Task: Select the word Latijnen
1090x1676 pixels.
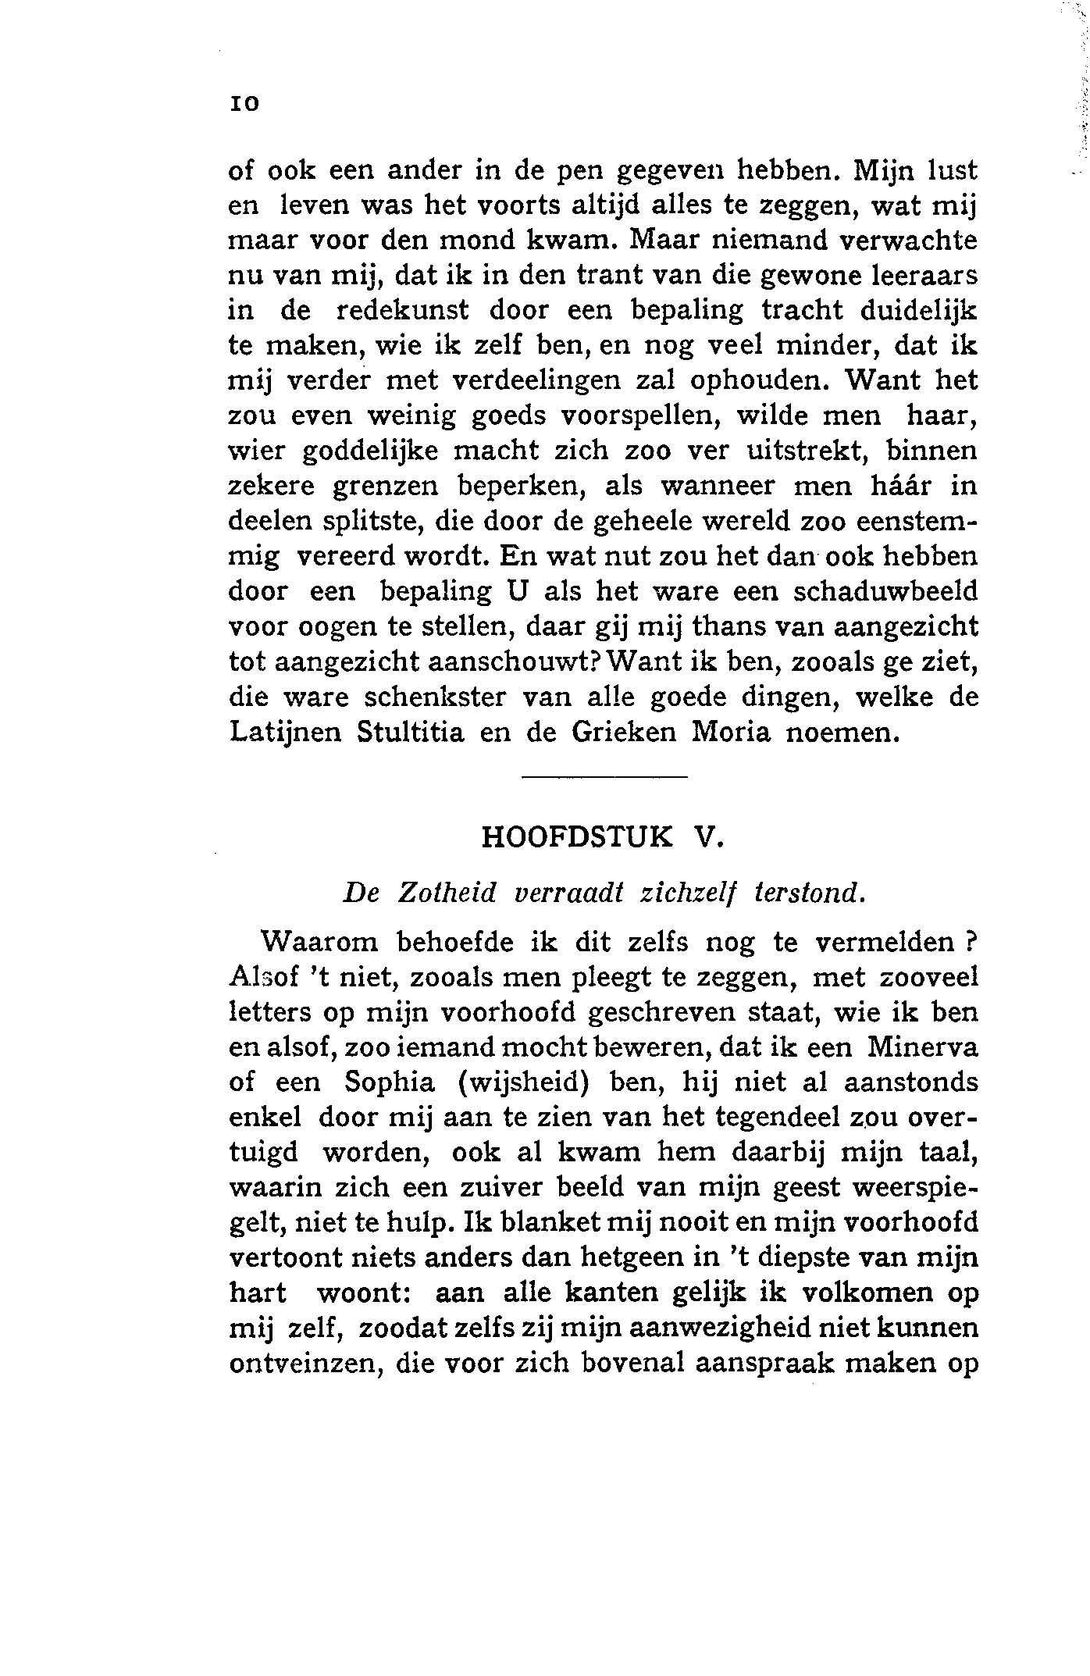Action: (286, 734)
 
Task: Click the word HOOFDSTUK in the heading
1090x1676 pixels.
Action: (577, 837)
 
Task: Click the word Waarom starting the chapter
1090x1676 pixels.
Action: (319, 942)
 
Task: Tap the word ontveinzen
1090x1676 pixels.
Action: (305, 1364)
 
